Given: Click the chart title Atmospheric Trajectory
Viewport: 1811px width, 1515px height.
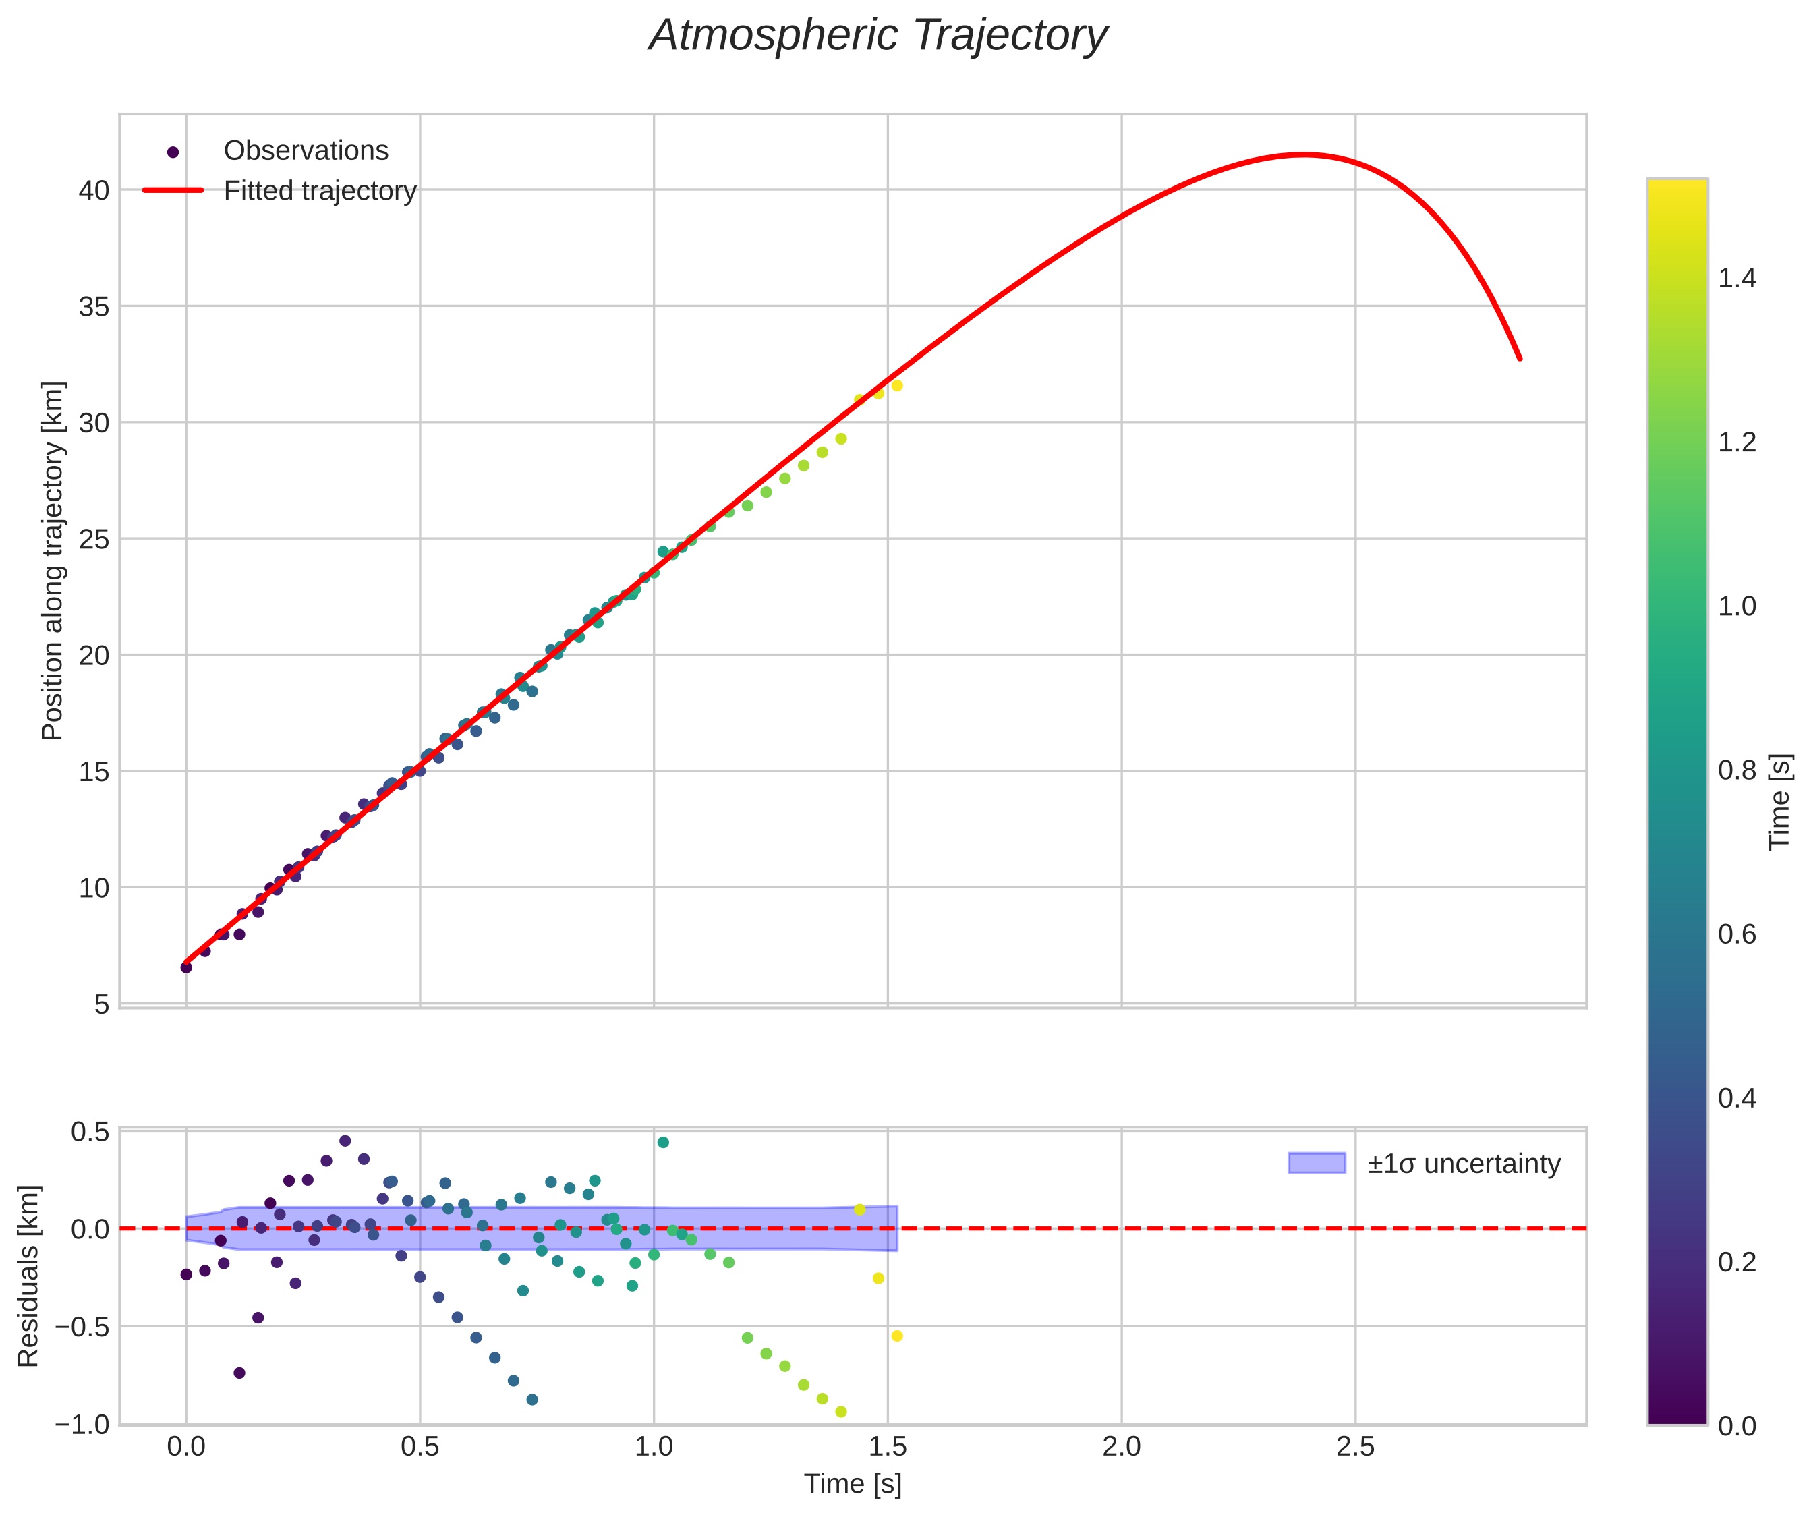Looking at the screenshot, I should point(878,36).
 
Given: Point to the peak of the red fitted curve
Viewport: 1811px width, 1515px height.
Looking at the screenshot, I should point(1304,155).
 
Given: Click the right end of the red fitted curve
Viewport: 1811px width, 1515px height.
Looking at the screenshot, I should point(1520,359).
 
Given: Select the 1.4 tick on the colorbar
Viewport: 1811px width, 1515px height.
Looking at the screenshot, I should point(1737,279).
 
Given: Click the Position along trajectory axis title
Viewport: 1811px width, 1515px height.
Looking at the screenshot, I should point(53,561).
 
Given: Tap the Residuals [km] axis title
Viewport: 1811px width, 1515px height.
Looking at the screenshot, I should point(28,1276).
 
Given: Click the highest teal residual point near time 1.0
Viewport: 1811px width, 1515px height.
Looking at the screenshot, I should point(662,1143).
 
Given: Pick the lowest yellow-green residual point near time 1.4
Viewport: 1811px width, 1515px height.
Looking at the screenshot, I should point(841,1412).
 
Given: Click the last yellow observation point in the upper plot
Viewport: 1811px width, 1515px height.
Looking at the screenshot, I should point(897,385).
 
